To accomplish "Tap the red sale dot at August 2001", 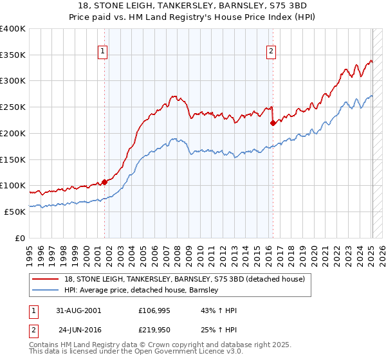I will coord(104,182).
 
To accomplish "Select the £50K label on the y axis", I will coord(14,212).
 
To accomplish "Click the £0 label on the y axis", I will coord(20,238).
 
